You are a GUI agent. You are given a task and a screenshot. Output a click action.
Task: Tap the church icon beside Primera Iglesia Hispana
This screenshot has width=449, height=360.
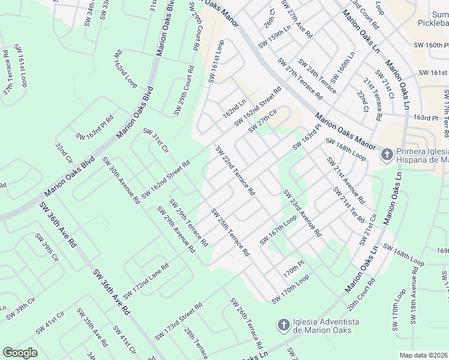click(387, 154)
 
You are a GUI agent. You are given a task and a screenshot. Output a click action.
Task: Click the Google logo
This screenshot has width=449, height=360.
click(20, 353)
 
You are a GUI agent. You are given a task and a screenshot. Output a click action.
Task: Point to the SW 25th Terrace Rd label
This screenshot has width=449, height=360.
click(230, 233)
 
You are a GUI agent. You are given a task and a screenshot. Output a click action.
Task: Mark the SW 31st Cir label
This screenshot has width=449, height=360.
click(156, 140)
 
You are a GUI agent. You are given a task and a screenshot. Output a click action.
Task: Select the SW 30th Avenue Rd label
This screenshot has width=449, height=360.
click(121, 179)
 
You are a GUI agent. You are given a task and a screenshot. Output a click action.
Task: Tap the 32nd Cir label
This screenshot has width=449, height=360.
click(64, 154)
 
